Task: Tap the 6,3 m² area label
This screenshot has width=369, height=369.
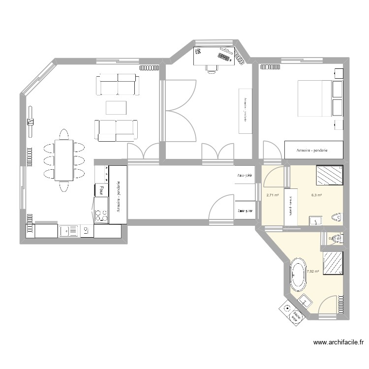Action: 316,195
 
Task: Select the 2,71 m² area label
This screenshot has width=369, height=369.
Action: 273,195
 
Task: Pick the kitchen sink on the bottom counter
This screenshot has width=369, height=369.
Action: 69,230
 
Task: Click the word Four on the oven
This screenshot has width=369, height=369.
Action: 101,189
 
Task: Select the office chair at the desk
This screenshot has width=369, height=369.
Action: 212,68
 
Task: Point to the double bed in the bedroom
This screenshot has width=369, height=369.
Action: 314,98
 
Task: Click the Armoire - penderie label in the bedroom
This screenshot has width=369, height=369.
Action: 312,150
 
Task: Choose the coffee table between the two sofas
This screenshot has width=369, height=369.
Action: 116,107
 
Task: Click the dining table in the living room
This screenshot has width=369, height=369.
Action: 64,160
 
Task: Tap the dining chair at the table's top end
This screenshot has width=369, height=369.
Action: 64,134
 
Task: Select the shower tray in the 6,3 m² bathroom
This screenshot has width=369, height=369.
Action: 329,175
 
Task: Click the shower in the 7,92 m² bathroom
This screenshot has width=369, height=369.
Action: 333,262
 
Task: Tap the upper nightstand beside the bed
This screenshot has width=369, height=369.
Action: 338,90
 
